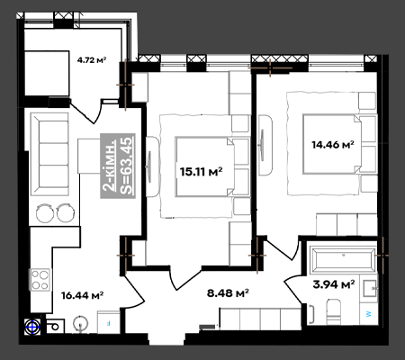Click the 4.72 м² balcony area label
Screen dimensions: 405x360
92,60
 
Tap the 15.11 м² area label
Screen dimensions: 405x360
201,172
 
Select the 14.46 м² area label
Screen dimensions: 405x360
333,145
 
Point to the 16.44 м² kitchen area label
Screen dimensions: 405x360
83,295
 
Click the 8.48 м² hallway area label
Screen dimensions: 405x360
228,292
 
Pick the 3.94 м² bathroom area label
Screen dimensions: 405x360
334,283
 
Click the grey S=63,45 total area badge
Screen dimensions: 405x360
118,166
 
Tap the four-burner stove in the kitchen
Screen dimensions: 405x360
40,280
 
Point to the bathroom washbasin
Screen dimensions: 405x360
370,289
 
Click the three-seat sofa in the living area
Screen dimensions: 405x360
49,154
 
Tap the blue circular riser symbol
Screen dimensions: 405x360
32,327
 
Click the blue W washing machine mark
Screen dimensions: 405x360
369,314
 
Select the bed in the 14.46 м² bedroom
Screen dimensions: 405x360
339,144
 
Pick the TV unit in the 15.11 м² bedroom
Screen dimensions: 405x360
152,166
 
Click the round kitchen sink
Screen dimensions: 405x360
81,324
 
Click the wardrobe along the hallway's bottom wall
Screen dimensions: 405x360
260,319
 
